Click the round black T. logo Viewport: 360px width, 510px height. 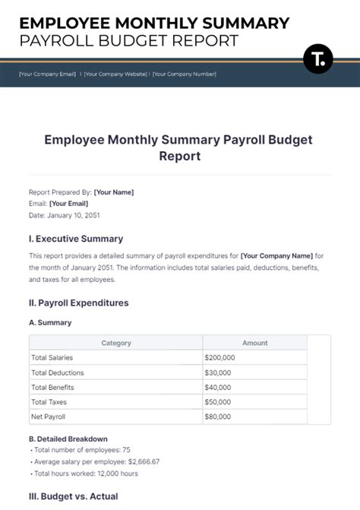pyautogui.click(x=318, y=59)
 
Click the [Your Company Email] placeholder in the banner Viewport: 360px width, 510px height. pyautogui.click(x=47, y=74)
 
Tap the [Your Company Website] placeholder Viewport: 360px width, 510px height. pyautogui.click(x=115, y=74)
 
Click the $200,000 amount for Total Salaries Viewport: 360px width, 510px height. pyautogui.click(x=219, y=357)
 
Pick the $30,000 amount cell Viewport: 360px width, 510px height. pyautogui.click(x=218, y=372)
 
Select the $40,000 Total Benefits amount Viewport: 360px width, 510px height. pyautogui.click(x=218, y=387)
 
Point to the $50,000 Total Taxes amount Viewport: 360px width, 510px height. pyautogui.click(x=218, y=401)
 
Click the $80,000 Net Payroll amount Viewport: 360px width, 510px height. pyautogui.click(x=218, y=417)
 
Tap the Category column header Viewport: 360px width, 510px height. pyautogui.click(x=116, y=343)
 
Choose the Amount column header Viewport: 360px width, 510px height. pyautogui.click(x=254, y=343)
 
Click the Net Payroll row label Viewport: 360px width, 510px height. pyautogui.click(x=47, y=417)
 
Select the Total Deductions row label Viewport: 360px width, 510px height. pyautogui.click(x=57, y=372)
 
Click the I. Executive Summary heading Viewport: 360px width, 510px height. pyautogui.click(x=75, y=239)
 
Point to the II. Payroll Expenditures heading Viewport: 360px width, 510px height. pyautogui.click(x=78, y=303)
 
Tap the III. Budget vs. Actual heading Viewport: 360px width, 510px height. pyautogui.click(x=73, y=496)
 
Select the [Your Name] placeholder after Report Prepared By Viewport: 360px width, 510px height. pyautogui.click(x=112, y=192)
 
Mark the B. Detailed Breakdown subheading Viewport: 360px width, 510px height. pyautogui.click(x=68, y=439)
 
